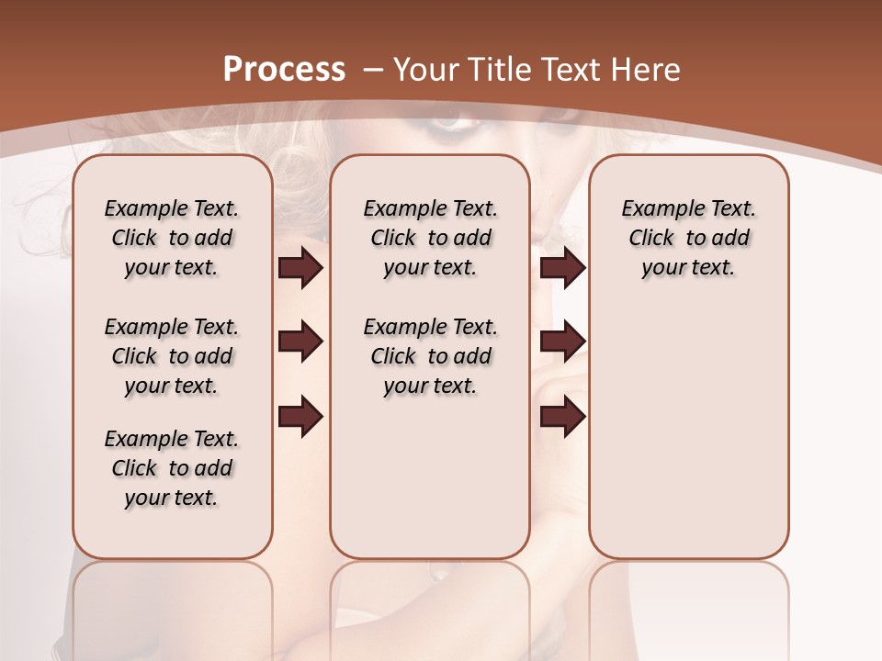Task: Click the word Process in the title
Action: pyautogui.click(x=284, y=70)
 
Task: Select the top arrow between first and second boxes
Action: pyautogui.click(x=300, y=268)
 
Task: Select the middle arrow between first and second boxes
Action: pyautogui.click(x=300, y=342)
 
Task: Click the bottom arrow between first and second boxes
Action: pyautogui.click(x=300, y=417)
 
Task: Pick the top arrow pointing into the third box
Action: pyautogui.click(x=562, y=268)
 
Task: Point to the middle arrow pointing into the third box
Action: pyautogui.click(x=562, y=342)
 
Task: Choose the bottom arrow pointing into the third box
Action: pyautogui.click(x=562, y=417)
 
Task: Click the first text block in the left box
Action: pyautogui.click(x=172, y=238)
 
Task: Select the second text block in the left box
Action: pyautogui.click(x=172, y=356)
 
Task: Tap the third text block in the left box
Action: pyautogui.click(x=172, y=468)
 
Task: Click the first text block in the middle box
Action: pyautogui.click(x=430, y=238)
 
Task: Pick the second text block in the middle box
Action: pyautogui.click(x=430, y=356)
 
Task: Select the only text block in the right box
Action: pyautogui.click(x=689, y=238)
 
